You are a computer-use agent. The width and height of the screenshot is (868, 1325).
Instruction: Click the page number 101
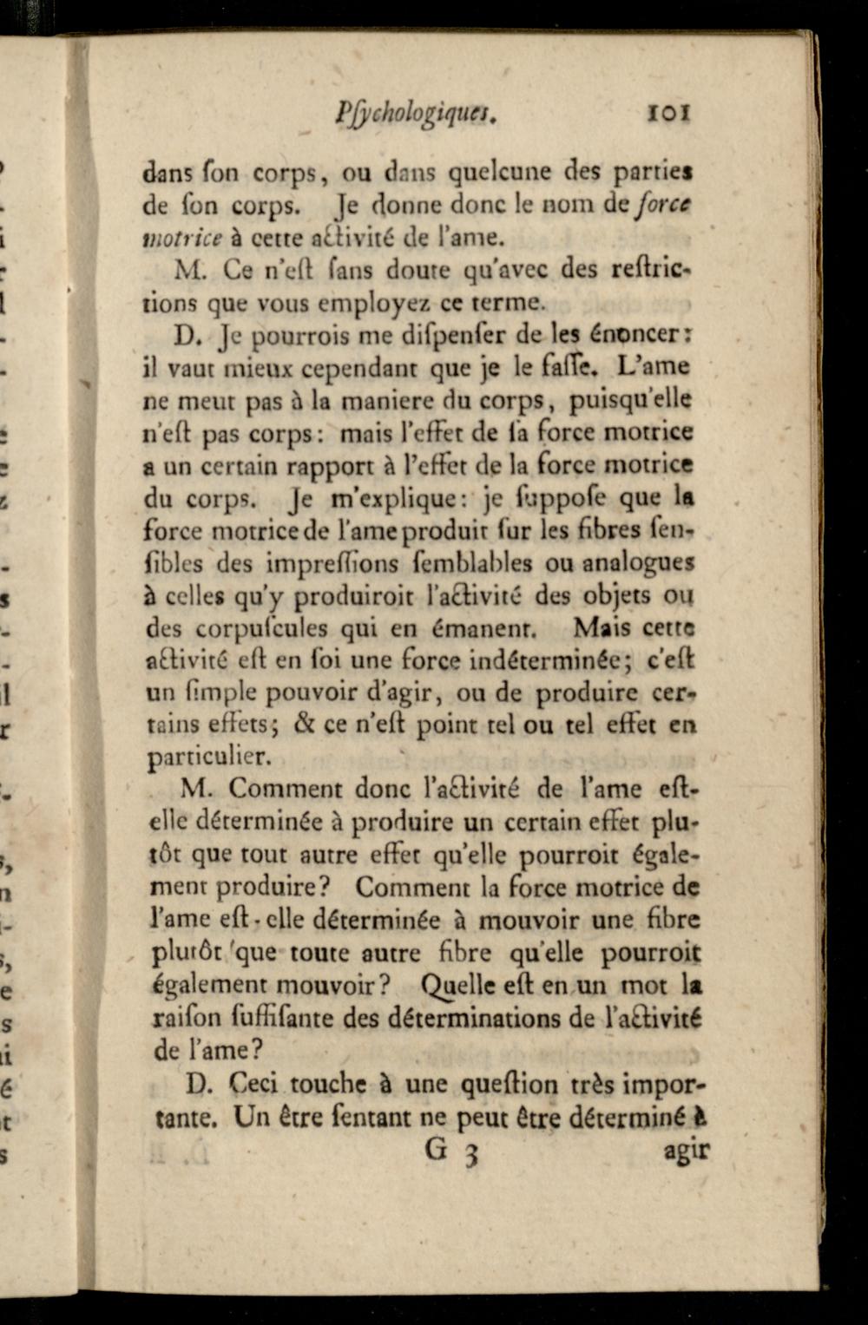668,113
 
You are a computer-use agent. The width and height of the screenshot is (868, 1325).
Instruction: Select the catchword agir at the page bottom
686,1152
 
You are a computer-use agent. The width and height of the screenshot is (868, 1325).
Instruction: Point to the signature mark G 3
451,1151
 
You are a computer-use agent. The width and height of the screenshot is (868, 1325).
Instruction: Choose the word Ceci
255,1084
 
